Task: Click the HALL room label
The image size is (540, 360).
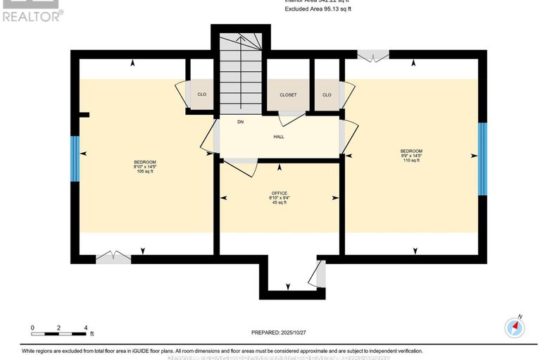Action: (279, 137)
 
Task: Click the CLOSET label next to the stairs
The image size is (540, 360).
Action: (288, 94)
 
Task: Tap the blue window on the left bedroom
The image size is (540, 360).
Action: (73, 154)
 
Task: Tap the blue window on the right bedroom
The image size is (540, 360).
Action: (482, 159)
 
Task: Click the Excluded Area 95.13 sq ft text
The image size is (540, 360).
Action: (318, 9)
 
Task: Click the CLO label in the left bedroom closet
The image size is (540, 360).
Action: (201, 94)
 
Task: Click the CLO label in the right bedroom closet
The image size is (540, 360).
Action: (327, 94)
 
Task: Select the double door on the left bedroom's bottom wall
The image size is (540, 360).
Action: (113, 257)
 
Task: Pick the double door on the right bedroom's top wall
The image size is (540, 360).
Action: (372, 55)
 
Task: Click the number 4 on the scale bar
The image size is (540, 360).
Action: (85, 328)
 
